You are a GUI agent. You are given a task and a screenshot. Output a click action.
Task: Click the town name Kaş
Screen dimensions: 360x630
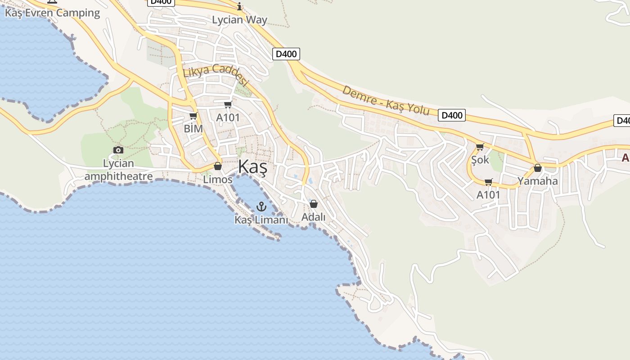click(252, 167)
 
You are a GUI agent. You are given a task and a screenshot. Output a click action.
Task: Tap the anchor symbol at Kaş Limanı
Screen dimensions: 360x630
click(261, 207)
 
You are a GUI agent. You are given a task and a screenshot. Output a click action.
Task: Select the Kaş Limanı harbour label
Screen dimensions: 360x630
click(261, 220)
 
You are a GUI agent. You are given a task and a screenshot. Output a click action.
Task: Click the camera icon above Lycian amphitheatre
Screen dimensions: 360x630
click(118, 150)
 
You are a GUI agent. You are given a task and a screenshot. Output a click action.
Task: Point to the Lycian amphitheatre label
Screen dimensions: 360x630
click(118, 170)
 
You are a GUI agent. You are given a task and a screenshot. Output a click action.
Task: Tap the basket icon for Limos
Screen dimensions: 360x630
click(218, 166)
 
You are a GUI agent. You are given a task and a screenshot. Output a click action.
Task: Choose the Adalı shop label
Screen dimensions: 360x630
click(313, 217)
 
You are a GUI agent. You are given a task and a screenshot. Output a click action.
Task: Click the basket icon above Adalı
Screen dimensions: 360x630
click(314, 204)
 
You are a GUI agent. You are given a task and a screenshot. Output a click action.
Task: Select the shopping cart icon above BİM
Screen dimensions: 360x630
click(193, 116)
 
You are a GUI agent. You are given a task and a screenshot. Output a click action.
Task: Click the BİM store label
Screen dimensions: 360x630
click(193, 129)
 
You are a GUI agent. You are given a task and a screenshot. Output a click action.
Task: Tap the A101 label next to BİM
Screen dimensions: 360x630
click(228, 117)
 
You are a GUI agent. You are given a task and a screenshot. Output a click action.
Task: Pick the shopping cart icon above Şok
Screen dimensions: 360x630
click(480, 147)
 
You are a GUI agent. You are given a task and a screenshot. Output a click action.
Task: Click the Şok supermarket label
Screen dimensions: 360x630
click(480, 160)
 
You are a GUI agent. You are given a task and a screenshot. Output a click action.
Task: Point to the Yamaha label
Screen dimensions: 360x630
click(537, 181)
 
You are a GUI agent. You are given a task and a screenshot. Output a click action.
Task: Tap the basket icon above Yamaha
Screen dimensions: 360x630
click(537, 168)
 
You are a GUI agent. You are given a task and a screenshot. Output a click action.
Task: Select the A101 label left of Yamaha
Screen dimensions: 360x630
click(488, 195)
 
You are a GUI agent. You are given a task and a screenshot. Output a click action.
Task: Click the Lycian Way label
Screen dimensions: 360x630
click(239, 20)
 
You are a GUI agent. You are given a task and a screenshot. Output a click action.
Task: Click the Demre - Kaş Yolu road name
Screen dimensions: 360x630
click(386, 100)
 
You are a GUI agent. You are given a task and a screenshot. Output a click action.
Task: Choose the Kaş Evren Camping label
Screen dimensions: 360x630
click(52, 13)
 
